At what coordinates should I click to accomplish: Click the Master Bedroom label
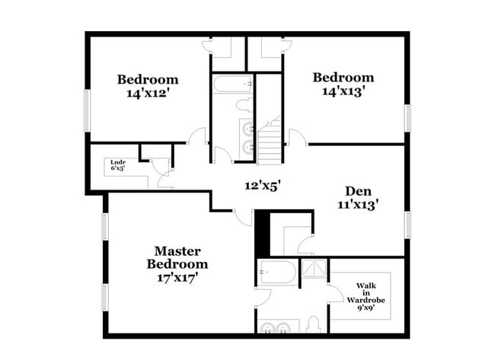(177, 258)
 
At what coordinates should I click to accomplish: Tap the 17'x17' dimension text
(177, 279)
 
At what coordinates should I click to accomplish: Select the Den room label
(359, 191)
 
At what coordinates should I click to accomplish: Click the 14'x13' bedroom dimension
(343, 91)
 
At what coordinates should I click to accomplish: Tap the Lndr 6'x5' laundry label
(118, 165)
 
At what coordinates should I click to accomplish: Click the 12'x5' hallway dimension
(263, 186)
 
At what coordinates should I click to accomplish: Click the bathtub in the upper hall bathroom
(233, 84)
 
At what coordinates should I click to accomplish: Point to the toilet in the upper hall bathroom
(244, 105)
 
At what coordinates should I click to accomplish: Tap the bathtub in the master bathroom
(278, 272)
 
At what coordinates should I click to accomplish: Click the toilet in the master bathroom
(314, 325)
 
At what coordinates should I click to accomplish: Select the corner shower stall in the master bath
(314, 269)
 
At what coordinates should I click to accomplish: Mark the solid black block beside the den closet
(262, 234)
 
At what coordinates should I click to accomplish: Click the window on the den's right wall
(407, 225)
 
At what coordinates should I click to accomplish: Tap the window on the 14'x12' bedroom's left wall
(88, 111)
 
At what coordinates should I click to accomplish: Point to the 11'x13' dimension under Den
(359, 205)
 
